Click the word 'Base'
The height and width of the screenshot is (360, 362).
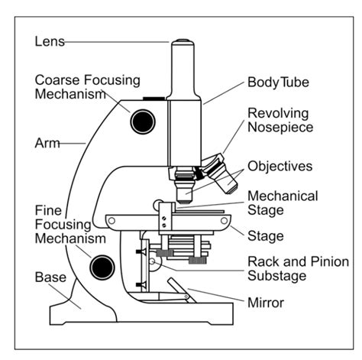click(x=50, y=277)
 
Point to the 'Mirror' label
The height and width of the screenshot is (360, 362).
click(x=265, y=303)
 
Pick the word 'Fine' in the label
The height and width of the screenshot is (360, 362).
click(x=48, y=209)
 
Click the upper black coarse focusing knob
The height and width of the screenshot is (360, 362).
click(x=141, y=121)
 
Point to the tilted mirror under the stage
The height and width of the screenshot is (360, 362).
click(x=178, y=289)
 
